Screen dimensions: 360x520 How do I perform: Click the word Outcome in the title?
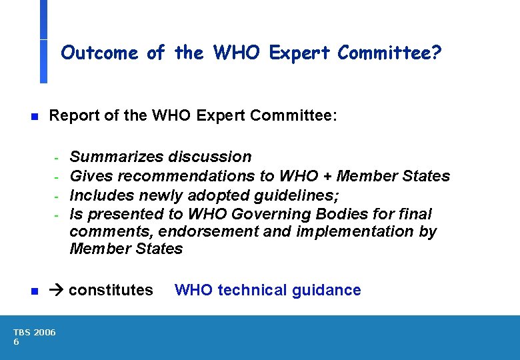point(99,53)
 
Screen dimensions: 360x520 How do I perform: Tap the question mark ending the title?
point(436,53)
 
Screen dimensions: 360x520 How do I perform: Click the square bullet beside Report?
point(35,117)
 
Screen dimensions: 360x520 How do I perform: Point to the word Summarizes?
point(117,157)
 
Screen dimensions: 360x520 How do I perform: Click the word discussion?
point(210,157)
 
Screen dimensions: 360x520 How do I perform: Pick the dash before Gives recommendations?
point(57,177)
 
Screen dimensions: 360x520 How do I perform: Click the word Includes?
point(101,195)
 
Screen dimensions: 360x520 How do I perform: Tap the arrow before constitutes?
point(57,291)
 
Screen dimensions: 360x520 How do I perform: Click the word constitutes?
point(111,291)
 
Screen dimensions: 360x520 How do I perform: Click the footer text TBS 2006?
point(35,332)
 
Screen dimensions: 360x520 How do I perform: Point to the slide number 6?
point(17,342)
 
